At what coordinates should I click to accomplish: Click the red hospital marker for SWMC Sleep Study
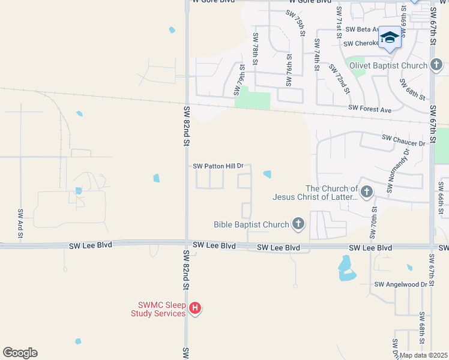(x=195, y=308)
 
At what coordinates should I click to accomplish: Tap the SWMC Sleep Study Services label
(x=158, y=309)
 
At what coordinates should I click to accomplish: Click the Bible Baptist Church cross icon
(x=298, y=225)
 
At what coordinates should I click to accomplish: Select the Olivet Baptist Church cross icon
(x=436, y=65)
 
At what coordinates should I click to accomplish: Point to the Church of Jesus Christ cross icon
(x=367, y=193)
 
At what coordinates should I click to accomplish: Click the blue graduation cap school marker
(x=390, y=38)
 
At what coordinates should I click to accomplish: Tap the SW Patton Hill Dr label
(x=218, y=166)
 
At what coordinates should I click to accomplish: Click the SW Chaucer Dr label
(x=403, y=140)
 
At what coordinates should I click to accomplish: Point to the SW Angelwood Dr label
(x=400, y=284)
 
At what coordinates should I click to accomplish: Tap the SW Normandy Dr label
(x=399, y=170)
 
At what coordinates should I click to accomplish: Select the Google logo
(x=20, y=353)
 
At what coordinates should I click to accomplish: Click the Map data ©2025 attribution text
(x=423, y=355)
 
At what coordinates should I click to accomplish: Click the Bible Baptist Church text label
(x=252, y=225)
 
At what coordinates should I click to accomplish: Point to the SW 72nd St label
(x=339, y=77)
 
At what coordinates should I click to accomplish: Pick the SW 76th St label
(x=289, y=74)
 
